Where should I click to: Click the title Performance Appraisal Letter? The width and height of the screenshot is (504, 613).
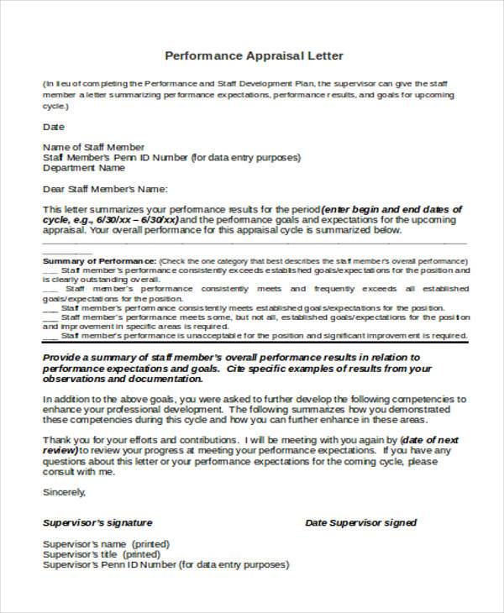[x=253, y=56]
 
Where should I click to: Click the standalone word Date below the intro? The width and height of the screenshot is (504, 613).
[x=53, y=128]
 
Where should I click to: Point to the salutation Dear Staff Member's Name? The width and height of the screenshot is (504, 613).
[x=105, y=188]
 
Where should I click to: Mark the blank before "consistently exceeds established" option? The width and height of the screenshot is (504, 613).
[x=50, y=270]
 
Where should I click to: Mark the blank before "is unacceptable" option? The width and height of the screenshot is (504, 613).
[x=50, y=335]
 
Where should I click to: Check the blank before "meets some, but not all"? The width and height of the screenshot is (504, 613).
[x=50, y=317]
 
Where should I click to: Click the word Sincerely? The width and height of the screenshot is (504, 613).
[x=64, y=493]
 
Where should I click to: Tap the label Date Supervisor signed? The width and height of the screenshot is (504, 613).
[x=360, y=522]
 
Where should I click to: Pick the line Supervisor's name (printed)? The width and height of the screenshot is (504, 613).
[x=99, y=544]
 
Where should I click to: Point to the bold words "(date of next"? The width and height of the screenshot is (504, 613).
[x=429, y=439]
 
